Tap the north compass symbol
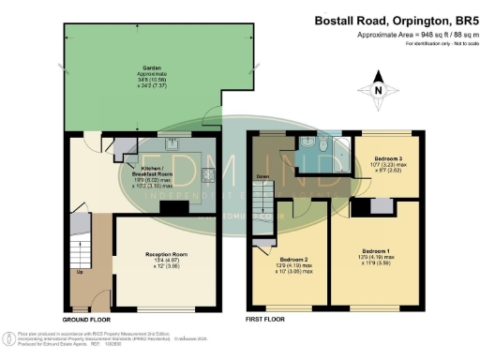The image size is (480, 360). [378, 90]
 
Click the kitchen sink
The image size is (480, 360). [172, 143]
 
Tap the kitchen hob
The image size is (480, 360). [207, 174]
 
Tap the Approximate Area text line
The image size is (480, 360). [411, 36]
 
